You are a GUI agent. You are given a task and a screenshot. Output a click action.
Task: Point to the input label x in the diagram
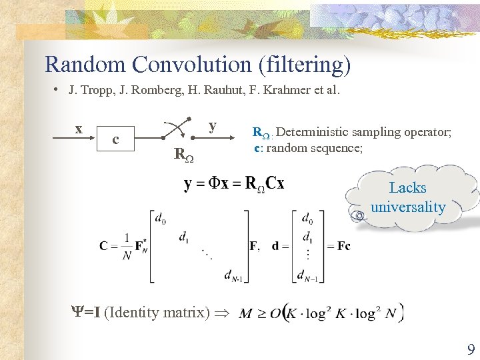[79, 129]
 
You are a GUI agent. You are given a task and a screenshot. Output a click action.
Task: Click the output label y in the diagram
[212, 125]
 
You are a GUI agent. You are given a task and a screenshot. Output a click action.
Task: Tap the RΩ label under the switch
[183, 155]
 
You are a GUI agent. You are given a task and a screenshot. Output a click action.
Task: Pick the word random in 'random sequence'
[288, 147]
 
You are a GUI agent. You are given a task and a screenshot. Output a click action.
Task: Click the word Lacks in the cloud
[407, 188]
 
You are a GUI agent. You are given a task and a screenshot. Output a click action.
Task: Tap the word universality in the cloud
[407, 207]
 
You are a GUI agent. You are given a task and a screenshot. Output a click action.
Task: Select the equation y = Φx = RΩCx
[233, 184]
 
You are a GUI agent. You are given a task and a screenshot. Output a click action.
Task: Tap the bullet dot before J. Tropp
[58, 89]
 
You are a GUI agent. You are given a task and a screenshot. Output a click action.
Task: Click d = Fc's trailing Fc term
[343, 245]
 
